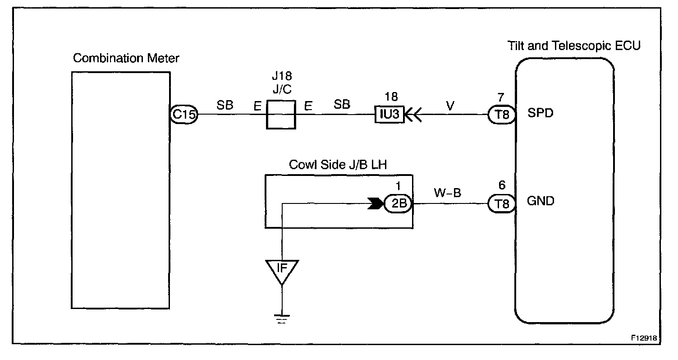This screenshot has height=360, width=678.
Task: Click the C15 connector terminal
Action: point(184,114)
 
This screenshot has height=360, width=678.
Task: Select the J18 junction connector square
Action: point(281,114)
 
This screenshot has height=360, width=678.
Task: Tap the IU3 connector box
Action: point(389,114)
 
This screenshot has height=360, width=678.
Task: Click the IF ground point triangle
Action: point(282,270)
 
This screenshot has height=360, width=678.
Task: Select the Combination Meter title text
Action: point(126,58)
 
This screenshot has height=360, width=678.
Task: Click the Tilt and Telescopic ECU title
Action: point(574,46)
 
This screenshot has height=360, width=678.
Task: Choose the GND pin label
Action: point(541,202)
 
